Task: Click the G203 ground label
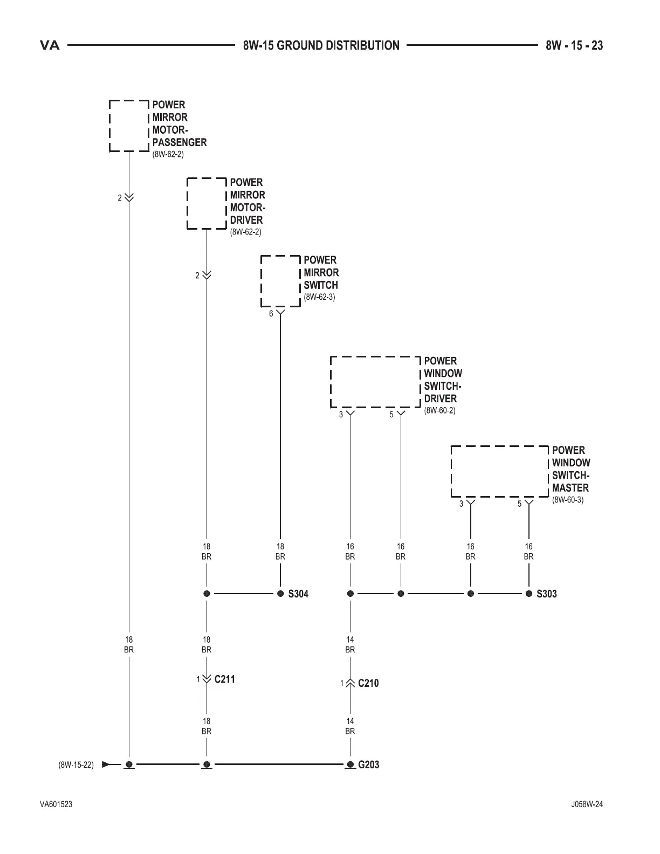(x=369, y=765)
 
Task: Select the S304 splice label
(x=298, y=594)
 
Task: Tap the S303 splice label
(x=547, y=594)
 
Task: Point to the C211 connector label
(x=224, y=679)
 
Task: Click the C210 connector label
(x=368, y=683)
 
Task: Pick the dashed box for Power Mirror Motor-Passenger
(x=129, y=126)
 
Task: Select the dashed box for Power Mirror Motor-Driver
(x=207, y=203)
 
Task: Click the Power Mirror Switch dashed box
(x=280, y=281)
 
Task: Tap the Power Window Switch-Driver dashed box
(x=375, y=382)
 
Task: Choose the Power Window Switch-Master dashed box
(x=500, y=471)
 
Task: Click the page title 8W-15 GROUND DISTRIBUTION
(x=321, y=45)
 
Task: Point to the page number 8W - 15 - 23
(x=574, y=45)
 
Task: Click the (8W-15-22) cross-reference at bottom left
(x=76, y=765)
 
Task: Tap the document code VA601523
(x=56, y=804)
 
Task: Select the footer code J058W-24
(x=587, y=804)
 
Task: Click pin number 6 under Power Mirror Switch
(x=271, y=314)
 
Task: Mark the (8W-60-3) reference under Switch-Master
(x=568, y=500)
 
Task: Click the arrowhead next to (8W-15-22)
(x=106, y=765)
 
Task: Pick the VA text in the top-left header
(x=50, y=46)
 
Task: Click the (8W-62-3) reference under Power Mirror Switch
(x=319, y=297)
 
